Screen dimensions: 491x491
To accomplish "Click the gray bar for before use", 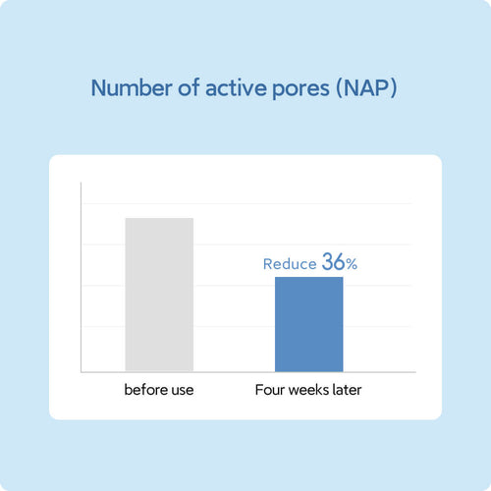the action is coord(159,295).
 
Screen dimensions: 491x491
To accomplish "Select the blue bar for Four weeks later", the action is coord(309,324).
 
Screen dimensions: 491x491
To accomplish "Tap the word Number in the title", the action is coord(132,88).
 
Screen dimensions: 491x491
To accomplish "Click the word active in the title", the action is coord(235,88).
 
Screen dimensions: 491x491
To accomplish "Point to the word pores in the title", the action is coord(300,89).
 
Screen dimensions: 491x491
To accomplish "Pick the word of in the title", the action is coord(189,87).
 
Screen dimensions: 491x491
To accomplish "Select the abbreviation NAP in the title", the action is coord(366,88).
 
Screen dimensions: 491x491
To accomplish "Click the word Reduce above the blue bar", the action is coord(290,264).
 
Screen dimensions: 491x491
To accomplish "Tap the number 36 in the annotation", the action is coord(333,261).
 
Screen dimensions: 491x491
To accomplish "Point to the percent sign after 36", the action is coord(352,264).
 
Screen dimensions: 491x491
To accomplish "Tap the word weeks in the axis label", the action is coord(308,390).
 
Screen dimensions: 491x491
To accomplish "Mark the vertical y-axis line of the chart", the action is coord(82,277).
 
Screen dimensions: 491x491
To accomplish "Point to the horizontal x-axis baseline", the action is coord(248,372).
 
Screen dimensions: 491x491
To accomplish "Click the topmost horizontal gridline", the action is coord(247,203).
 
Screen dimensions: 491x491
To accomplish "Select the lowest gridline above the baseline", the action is coord(247,326).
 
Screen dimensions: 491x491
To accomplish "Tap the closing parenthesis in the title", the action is coord(394,88).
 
